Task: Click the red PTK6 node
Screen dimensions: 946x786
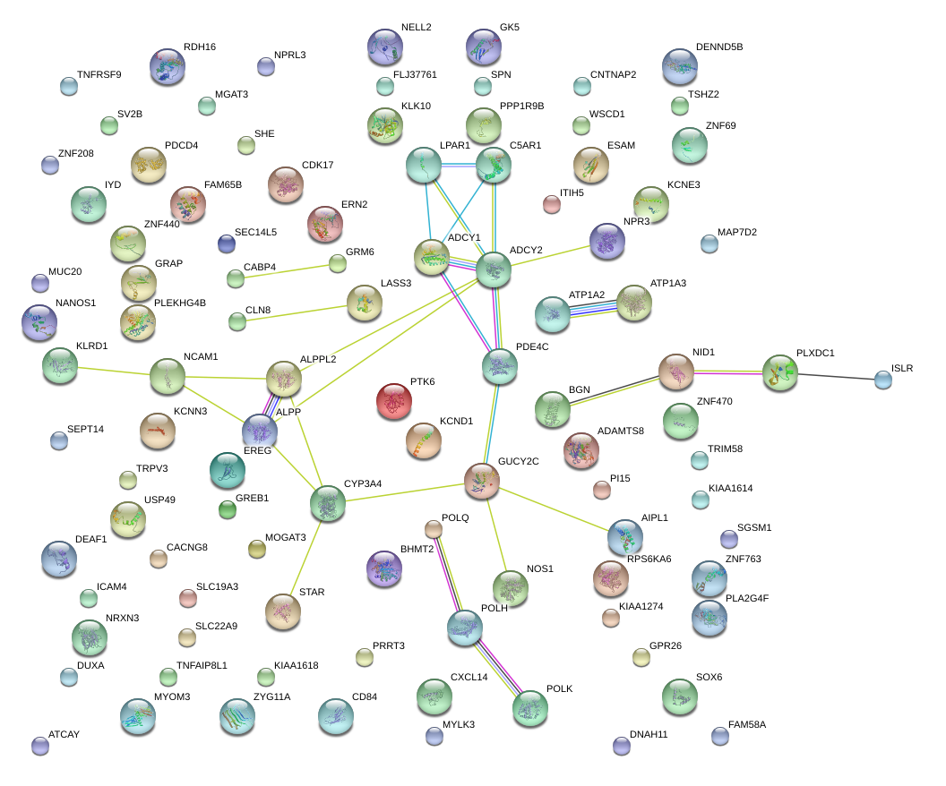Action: click(x=394, y=401)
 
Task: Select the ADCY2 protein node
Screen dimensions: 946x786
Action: click(x=494, y=269)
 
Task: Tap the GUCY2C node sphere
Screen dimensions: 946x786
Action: click(x=481, y=481)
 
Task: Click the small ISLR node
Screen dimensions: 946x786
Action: click(x=883, y=380)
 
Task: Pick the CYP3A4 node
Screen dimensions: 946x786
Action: click(x=328, y=503)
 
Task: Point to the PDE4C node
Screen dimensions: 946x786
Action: click(x=500, y=366)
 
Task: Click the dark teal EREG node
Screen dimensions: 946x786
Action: click(x=228, y=470)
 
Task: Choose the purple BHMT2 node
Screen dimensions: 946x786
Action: click(x=384, y=568)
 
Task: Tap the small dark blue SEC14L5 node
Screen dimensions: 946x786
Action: click(x=227, y=243)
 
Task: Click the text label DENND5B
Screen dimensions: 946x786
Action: click(x=719, y=47)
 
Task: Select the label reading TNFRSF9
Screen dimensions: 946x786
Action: click(x=99, y=74)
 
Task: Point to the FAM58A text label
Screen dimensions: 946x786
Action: click(x=747, y=724)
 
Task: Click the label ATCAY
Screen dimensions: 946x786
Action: click(x=64, y=734)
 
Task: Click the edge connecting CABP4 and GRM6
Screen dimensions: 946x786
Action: click(x=287, y=270)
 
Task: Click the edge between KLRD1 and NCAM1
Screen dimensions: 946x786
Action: click(x=114, y=372)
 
